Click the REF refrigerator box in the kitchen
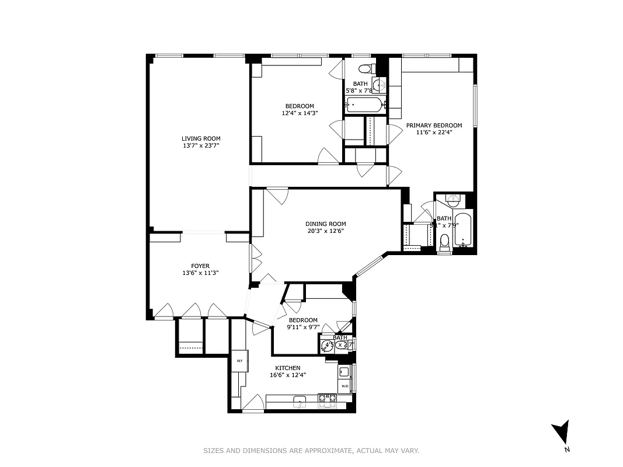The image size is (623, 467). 239,361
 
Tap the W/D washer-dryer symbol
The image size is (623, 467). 344,386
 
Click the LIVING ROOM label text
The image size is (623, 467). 201,138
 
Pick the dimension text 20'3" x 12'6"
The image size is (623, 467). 325,231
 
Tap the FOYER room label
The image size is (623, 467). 200,266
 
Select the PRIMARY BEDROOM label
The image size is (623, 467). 434,125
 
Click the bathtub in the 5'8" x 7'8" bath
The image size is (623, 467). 364,105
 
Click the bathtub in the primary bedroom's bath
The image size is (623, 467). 462,231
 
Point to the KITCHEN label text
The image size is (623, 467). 288,368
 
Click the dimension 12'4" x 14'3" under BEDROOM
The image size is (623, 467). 299,113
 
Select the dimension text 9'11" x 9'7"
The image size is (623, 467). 303,327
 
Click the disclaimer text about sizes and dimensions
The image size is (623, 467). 311,451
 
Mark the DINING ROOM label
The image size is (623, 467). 325,224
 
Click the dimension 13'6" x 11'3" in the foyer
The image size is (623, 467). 200,273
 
